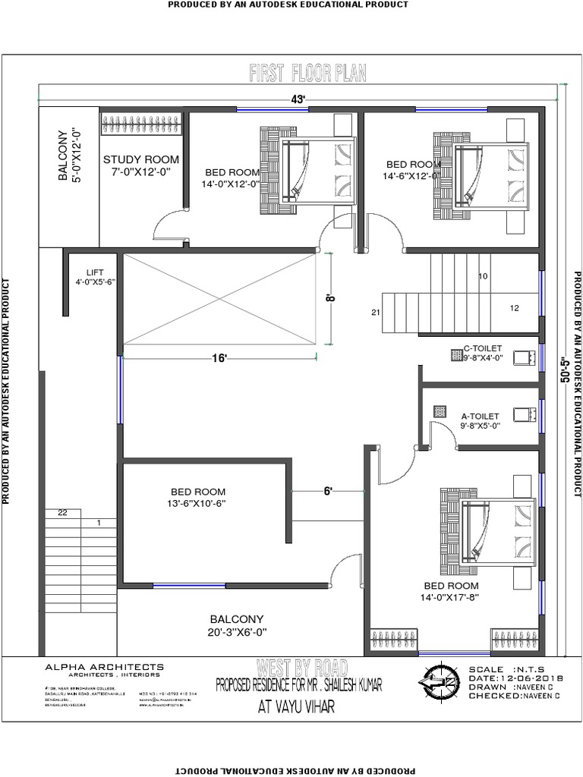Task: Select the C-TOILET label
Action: click(x=483, y=348)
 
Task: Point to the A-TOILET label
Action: click(x=480, y=416)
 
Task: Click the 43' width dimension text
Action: click(x=298, y=99)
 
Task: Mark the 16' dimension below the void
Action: click(x=220, y=358)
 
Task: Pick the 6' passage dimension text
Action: click(x=328, y=491)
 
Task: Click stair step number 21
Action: click(x=375, y=312)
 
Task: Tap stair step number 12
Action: click(x=515, y=308)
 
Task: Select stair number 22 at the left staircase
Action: click(x=62, y=513)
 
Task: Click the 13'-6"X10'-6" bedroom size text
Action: click(x=198, y=503)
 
